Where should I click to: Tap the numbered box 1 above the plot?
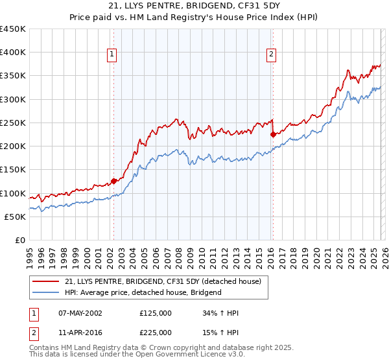click(113, 55)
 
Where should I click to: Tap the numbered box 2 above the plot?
click(271, 55)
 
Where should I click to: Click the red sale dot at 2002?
click(114, 181)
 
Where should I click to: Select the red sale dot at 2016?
click(273, 134)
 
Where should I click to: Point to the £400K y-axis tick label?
click(12, 53)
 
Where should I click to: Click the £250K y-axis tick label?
click(12, 123)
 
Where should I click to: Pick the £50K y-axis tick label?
click(15, 217)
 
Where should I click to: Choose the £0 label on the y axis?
click(20, 240)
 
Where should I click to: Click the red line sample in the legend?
click(47, 281)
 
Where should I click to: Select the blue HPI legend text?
click(143, 292)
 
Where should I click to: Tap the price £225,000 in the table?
click(155, 332)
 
